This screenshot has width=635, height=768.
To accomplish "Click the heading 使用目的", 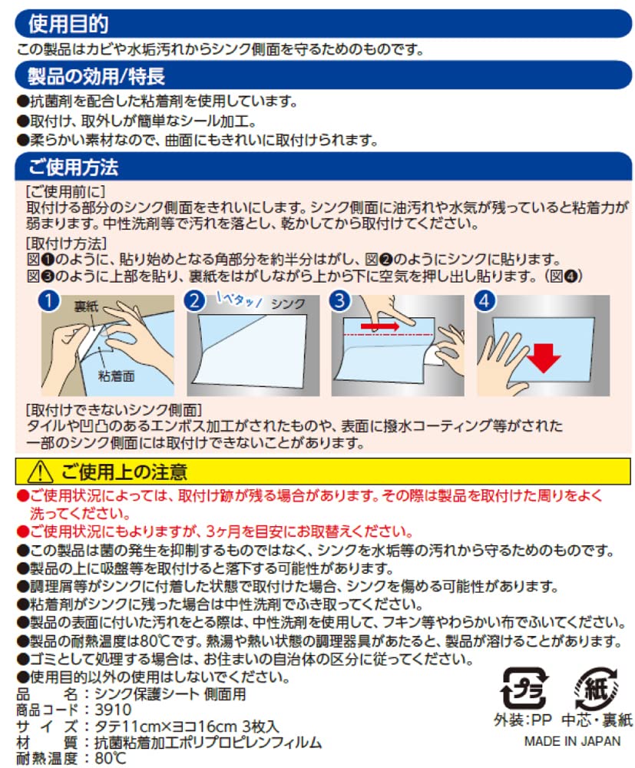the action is (x=68, y=24).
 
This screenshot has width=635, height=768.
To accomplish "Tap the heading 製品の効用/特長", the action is (x=97, y=76).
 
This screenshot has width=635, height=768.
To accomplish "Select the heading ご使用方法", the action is (x=74, y=167).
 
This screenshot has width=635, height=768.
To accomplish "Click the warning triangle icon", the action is (x=40, y=472).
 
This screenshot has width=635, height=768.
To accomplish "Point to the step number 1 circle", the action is (x=49, y=301).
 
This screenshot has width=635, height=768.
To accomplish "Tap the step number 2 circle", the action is (x=194, y=301).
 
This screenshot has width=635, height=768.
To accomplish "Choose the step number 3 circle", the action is (x=340, y=301).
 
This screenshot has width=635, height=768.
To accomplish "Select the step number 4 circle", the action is (x=485, y=301).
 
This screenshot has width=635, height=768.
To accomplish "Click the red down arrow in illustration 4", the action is (x=544, y=358).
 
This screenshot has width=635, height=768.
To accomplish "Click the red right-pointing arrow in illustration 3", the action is (x=380, y=326).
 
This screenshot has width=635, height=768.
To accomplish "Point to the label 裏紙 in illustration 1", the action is (x=86, y=306).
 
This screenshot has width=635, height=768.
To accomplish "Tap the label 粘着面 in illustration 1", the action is (x=117, y=376).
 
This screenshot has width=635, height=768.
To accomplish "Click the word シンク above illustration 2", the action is (x=289, y=304).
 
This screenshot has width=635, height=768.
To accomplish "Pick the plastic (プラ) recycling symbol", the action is (x=524, y=688).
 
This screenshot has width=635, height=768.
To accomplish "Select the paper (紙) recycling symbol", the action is (x=597, y=688).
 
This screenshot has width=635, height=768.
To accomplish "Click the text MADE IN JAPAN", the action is (x=572, y=742).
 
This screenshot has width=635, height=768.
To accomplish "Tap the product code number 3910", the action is (x=113, y=710).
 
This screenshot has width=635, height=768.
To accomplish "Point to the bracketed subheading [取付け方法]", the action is (x=66, y=243).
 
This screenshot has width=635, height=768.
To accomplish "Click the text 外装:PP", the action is (x=523, y=720).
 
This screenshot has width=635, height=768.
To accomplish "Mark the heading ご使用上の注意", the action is (x=124, y=472).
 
